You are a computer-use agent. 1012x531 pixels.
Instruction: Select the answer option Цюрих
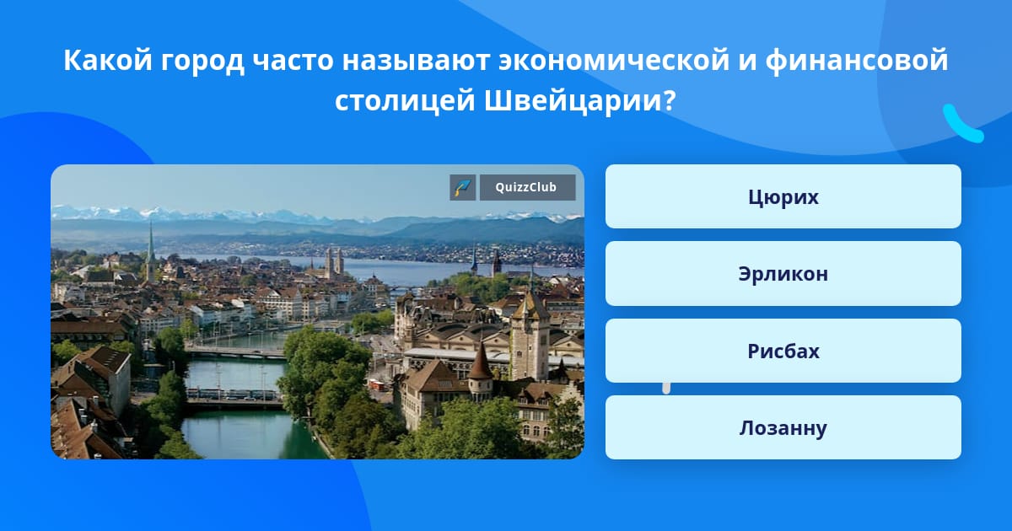tap(783, 196)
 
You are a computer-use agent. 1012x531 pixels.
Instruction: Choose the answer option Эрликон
tap(783, 274)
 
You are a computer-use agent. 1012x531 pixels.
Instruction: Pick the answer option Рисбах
tap(783, 351)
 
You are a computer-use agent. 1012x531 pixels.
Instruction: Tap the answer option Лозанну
tap(783, 427)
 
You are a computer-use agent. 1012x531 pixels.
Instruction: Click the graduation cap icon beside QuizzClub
tap(462, 187)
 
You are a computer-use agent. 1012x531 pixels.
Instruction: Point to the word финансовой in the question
tap(857, 60)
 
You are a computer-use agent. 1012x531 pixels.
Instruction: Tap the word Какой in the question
tap(108, 60)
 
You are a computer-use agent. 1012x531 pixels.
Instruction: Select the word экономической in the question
tap(614, 60)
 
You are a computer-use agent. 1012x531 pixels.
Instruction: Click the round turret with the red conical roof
tap(480, 375)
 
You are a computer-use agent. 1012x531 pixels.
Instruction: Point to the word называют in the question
tap(416, 60)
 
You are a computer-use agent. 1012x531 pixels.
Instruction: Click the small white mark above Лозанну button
tap(666, 388)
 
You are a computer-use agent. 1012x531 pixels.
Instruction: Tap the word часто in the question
tap(293, 60)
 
